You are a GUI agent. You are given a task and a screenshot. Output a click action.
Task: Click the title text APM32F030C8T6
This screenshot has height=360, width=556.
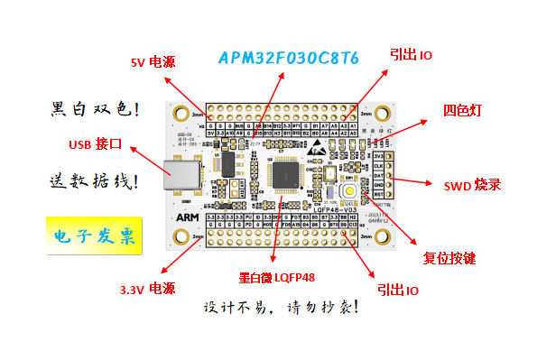tap(289, 59)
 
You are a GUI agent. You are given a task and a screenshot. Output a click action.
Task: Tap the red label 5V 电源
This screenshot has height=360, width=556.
tap(153, 63)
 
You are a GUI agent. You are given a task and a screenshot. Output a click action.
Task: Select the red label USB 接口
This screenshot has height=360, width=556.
tap(95, 144)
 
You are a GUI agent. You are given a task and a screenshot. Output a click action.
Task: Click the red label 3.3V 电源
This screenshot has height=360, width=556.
tap(147, 290)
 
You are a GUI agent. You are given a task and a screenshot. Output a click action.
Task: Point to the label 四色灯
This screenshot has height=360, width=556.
tap(462, 111)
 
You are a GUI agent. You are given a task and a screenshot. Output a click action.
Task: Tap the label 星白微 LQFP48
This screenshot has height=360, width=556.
tap(277, 277)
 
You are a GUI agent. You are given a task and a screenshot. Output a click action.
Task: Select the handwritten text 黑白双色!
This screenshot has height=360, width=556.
tap(95, 110)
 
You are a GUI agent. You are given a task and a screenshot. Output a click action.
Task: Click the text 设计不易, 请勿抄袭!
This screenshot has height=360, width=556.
tap(282, 307)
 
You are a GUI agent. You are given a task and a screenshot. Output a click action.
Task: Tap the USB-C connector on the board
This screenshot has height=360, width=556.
tap(177, 176)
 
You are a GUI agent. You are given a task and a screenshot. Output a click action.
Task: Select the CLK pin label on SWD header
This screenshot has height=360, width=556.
tap(378, 166)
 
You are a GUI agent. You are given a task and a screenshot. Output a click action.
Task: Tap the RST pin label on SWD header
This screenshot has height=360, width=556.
tap(378, 193)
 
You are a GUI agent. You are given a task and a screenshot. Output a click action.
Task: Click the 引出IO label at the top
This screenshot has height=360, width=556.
tap(411, 55)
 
